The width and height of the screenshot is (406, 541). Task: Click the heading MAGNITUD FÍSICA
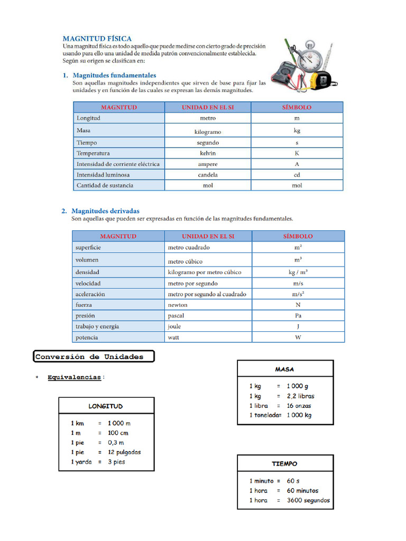tap(97, 39)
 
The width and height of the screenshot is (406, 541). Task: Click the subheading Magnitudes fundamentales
tap(114, 76)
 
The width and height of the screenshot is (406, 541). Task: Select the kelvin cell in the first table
tap(208, 153)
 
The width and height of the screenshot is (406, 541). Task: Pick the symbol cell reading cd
tap(297, 175)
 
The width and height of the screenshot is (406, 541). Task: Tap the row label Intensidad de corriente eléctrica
tap(118, 164)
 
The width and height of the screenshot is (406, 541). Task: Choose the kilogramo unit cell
tap(208, 132)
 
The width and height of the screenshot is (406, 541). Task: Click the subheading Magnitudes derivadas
tap(105, 211)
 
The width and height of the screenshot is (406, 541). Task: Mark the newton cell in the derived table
tap(178, 305)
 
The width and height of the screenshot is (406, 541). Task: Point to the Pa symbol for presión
tap(298, 315)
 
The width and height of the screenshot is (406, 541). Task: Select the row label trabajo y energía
tap(97, 327)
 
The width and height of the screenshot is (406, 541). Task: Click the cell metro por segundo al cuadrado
tap(207, 294)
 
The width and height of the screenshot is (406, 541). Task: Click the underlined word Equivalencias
tap(75, 377)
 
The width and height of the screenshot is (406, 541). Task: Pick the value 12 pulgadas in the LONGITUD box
tap(124, 452)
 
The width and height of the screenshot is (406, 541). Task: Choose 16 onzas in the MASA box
tap(299, 406)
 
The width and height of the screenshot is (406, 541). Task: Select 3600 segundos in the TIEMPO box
tap(308, 500)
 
